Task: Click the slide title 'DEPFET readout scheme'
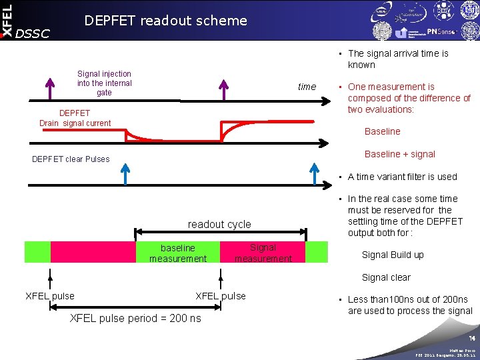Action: [165, 21]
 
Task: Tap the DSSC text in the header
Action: [32, 33]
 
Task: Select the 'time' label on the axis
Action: [307, 87]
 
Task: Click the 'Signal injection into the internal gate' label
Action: [104, 83]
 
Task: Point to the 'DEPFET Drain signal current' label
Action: [75, 118]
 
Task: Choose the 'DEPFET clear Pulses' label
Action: [71, 159]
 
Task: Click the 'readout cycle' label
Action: [219, 224]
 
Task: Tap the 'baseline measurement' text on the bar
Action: [178, 253]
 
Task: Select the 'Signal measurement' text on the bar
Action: [263, 253]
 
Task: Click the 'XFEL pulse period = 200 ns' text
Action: [135, 318]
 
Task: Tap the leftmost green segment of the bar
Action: [37, 252]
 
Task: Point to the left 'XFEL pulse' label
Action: [50, 296]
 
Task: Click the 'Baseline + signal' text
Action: [399, 154]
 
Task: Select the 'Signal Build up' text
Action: [393, 255]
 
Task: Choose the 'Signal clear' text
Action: [386, 277]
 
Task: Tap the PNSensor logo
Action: [442, 31]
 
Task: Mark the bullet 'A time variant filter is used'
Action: [402, 177]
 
